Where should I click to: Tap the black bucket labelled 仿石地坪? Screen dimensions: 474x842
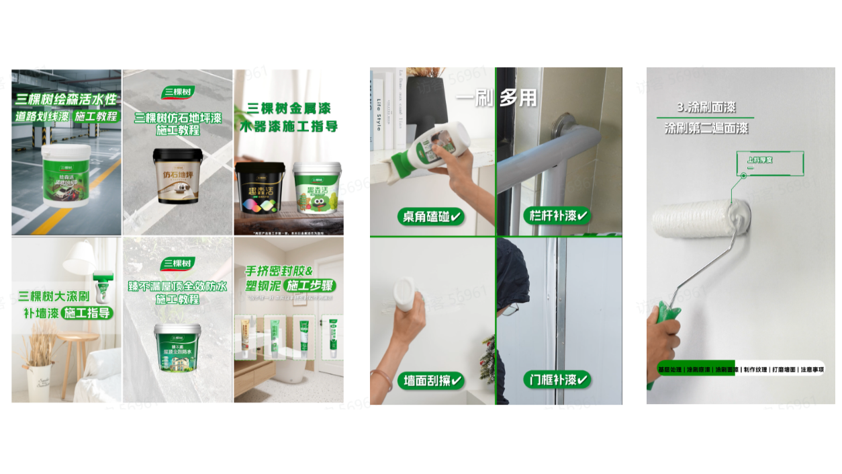point(178,176)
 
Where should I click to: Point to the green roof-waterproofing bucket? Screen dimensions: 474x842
point(178,348)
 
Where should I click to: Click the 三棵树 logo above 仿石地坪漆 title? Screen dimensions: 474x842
point(178,92)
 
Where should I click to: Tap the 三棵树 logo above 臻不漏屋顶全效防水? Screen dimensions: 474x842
point(178,263)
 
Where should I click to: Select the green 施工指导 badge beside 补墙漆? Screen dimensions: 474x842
point(87,313)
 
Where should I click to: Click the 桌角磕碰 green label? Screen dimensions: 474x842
point(430,216)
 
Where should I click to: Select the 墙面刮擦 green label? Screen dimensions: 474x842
point(430,381)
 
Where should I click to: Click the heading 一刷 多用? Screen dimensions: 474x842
point(497,98)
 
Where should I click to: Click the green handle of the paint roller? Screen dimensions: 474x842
point(665,329)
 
